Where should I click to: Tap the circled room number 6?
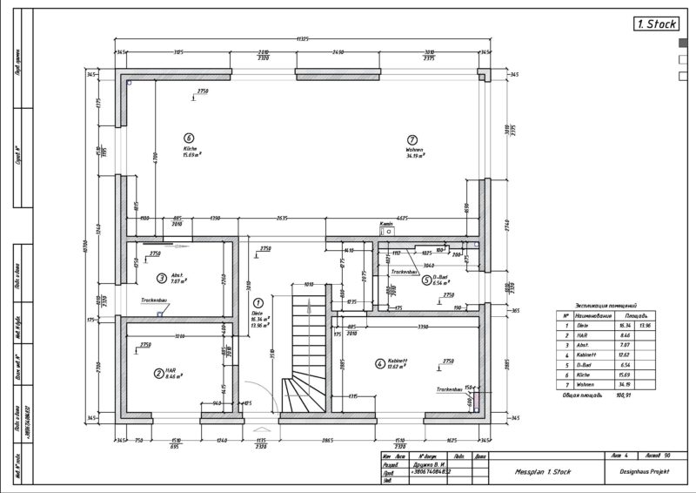tap(189, 137)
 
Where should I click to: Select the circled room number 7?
tap(412, 138)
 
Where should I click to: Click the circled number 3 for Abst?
tap(161, 279)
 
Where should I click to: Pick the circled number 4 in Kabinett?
tap(379, 363)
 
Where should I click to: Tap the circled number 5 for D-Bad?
tap(425, 280)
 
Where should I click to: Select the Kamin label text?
tap(386, 224)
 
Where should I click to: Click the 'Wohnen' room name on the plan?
tap(414, 150)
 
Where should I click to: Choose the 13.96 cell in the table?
tap(645, 324)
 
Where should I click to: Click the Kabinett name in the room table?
tap(586, 354)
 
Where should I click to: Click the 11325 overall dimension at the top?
tap(303, 39)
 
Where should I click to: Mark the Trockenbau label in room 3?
tap(154, 301)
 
